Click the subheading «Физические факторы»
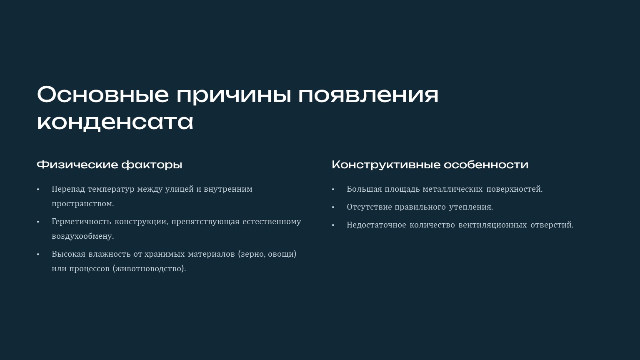coord(110,165)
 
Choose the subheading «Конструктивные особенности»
coord(430,165)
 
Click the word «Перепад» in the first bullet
coord(68,190)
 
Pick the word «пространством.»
coord(83,204)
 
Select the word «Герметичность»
coord(81,222)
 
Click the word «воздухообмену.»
coord(83,237)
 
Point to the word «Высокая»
coord(69,254)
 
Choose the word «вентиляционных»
coord(492,225)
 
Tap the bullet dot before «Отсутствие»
coord(333,207)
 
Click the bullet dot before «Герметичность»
coord(38,222)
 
